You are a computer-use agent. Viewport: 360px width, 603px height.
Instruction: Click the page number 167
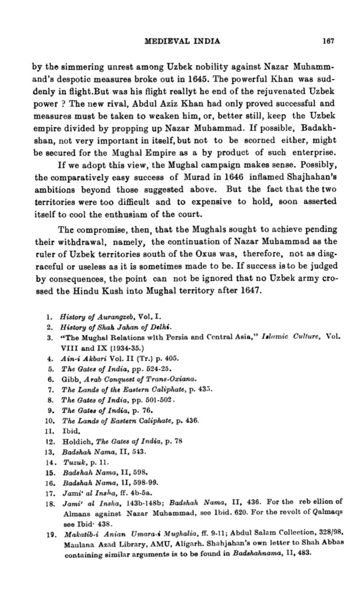pyautogui.click(x=329, y=41)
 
